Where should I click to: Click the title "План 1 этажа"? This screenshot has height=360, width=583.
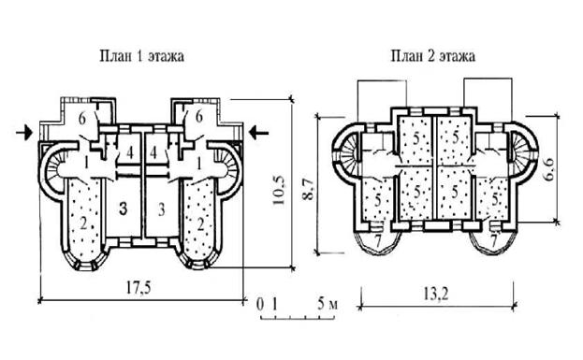coord(141,56)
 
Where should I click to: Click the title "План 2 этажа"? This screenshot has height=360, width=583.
coord(432,56)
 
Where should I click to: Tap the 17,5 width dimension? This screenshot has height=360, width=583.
coord(138,288)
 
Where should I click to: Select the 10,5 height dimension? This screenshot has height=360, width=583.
coord(279,190)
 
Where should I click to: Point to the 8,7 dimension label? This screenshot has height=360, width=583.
coord(308,189)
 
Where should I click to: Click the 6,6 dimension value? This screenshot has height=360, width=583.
coord(548,169)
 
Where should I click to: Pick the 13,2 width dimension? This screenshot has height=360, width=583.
coord(435,295)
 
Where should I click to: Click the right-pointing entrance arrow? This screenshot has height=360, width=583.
coord(24,133)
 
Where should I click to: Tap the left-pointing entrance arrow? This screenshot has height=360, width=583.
coord(258,132)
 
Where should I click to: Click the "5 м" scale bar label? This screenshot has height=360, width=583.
coord(328,304)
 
